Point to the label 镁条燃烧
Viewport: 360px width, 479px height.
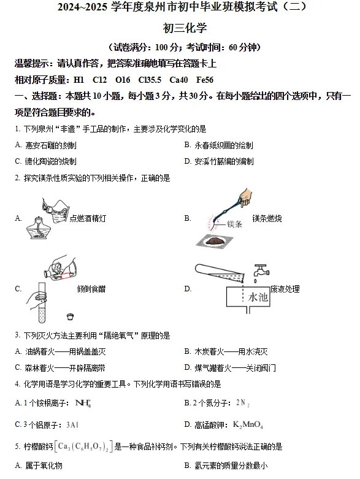pos(267,218)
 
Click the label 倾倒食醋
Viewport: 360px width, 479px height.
pos(91,289)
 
